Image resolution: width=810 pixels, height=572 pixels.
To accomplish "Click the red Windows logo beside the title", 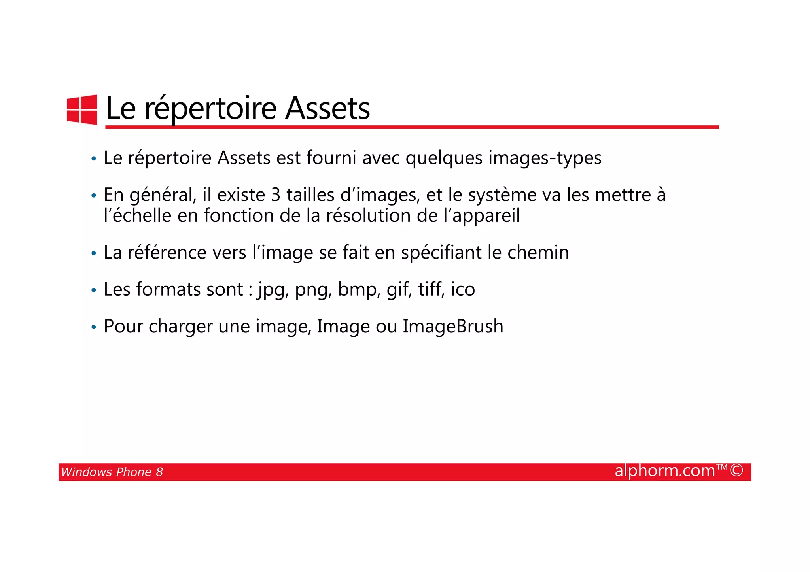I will (x=82, y=109).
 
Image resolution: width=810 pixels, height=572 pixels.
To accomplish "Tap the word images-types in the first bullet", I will (x=545, y=158).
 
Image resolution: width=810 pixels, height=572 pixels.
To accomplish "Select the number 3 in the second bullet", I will (x=276, y=195).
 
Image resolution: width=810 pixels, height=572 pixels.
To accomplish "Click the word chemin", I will (x=538, y=253).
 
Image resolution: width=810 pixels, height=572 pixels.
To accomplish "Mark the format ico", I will (x=463, y=290).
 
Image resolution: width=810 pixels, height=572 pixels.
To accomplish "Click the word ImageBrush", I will (x=453, y=327).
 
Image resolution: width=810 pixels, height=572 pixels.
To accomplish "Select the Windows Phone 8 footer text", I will (x=112, y=472).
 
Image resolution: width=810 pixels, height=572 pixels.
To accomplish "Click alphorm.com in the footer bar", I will (x=665, y=471).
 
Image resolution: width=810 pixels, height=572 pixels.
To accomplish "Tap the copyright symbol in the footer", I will (x=736, y=470).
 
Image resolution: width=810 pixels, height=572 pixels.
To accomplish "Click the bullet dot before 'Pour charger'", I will (x=94, y=327).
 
